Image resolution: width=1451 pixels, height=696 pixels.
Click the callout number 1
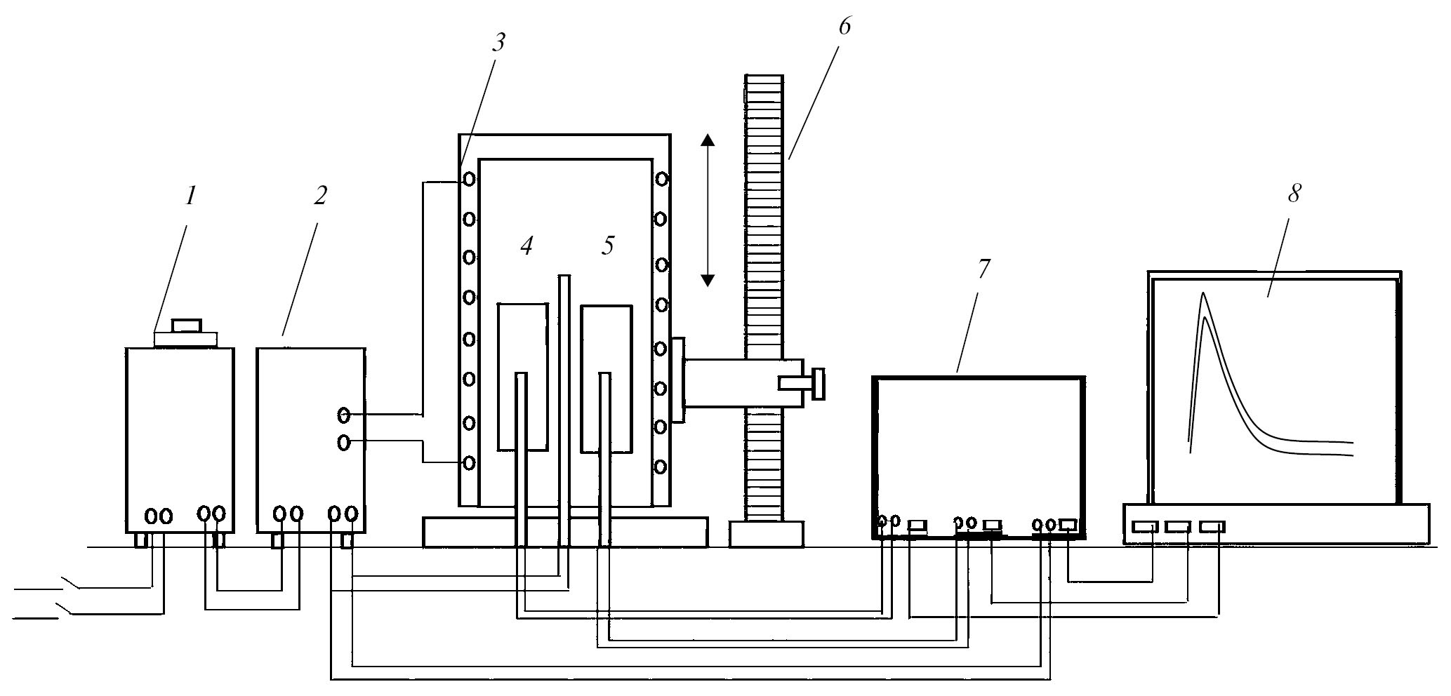tap(190, 196)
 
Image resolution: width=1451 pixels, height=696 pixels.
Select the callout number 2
tap(320, 196)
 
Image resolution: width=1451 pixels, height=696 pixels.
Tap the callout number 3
tap(498, 43)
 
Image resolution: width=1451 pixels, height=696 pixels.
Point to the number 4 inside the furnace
tap(526, 246)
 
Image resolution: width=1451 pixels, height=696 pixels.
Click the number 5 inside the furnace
tap(608, 246)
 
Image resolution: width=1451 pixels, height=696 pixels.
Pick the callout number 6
tap(844, 26)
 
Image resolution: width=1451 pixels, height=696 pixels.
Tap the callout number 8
tap(1294, 193)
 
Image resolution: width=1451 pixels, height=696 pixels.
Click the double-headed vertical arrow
tap(708, 210)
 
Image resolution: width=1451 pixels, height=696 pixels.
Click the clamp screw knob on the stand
tap(817, 383)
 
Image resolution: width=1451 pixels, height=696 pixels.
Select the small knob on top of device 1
tap(187, 326)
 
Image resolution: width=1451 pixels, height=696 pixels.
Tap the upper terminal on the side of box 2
tap(343, 415)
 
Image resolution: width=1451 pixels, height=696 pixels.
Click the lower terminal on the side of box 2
tap(343, 443)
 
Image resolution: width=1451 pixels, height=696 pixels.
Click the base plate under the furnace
tap(565, 532)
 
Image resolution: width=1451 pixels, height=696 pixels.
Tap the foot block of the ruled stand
tap(766, 534)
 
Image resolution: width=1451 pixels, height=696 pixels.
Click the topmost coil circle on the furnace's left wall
tap(470, 179)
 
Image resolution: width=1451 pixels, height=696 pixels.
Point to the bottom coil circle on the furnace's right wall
tap(660, 466)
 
